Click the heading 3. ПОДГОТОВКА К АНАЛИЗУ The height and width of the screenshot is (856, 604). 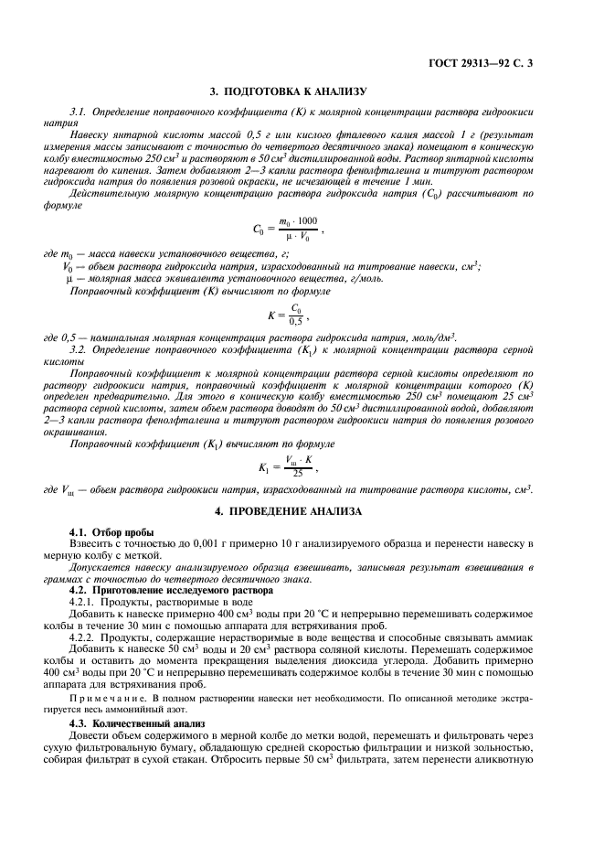pos(302,92)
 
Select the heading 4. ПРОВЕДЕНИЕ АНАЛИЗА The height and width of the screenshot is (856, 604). pos(302,509)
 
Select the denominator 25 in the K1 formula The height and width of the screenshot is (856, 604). pos(297,474)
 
